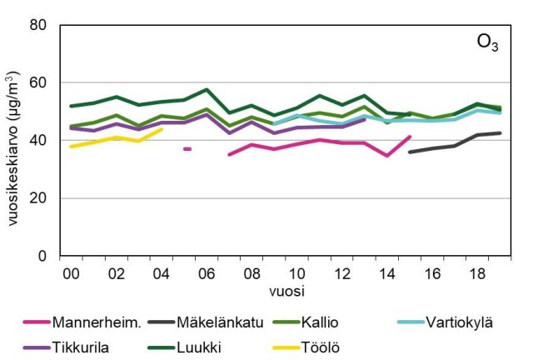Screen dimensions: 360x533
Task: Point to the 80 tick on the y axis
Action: click(x=38, y=25)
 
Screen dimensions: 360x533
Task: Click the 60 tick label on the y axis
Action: click(x=38, y=83)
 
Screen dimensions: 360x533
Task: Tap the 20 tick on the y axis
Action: click(x=38, y=198)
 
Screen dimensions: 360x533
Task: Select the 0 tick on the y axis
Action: click(x=42, y=257)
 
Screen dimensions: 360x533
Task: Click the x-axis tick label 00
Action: click(x=72, y=273)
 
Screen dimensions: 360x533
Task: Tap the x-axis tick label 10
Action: click(x=296, y=273)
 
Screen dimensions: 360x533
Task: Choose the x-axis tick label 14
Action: click(x=386, y=273)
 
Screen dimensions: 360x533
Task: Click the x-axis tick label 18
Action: click(x=476, y=273)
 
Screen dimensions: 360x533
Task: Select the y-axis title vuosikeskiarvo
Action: click(x=14, y=142)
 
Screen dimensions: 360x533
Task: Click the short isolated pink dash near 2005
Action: click(x=187, y=148)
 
